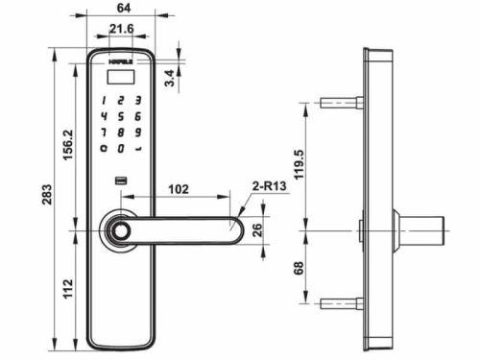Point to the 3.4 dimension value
click(x=170, y=78)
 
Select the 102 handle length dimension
click(x=178, y=190)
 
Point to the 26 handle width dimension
click(x=257, y=229)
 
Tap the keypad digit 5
click(x=121, y=115)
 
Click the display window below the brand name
click(x=121, y=77)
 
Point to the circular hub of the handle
click(x=119, y=231)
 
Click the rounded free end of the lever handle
click(x=233, y=231)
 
